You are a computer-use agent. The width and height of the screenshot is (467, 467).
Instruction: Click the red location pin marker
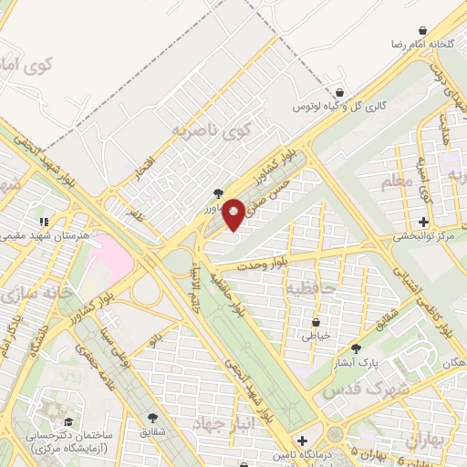[234, 213]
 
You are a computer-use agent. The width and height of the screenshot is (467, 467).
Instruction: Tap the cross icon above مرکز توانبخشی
[423, 222]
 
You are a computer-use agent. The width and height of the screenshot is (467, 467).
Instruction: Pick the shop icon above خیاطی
[316, 322]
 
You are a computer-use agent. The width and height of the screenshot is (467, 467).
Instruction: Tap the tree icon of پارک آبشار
[356, 348]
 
